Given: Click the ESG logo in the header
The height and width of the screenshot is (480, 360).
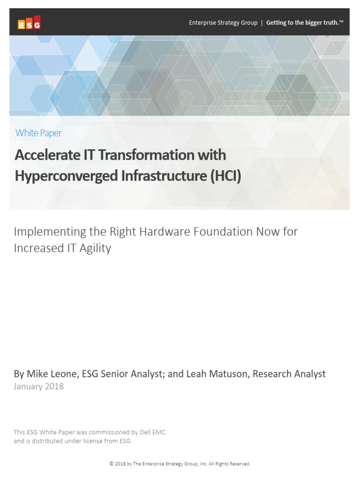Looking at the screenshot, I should pos(29,23).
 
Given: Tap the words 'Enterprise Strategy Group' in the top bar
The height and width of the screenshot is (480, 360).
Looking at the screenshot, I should pos(223,22).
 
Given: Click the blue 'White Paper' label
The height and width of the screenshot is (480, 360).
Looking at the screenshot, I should pos(38,133).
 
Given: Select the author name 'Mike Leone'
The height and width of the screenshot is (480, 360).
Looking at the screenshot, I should pos(52,374).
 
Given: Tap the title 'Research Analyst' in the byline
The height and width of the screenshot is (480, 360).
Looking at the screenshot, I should pos(294,374).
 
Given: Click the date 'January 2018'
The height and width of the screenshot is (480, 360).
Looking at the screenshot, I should pos(39,387).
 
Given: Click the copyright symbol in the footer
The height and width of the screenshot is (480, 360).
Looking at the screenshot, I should pos(112,464).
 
